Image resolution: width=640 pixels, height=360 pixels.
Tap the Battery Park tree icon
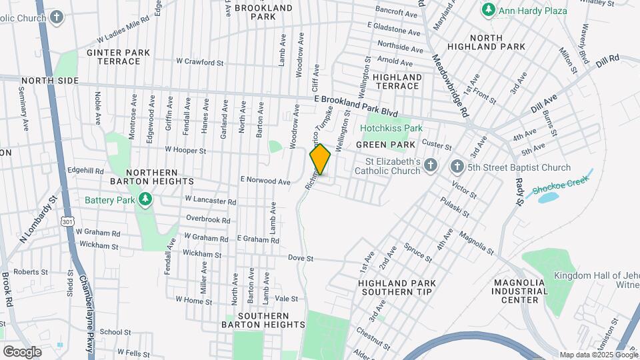145,199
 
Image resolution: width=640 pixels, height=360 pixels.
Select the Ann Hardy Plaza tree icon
489,10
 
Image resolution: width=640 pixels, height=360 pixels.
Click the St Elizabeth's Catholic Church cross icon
431,165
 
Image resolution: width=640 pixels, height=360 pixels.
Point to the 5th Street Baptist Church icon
457,167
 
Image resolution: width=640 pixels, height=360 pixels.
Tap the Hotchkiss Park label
392,128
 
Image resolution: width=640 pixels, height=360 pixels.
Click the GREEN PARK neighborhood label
385,145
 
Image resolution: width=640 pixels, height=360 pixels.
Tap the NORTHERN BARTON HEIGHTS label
153,175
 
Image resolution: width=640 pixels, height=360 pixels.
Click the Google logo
22,351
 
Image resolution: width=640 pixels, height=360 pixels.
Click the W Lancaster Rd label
211,200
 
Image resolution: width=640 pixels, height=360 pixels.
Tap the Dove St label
301,258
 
